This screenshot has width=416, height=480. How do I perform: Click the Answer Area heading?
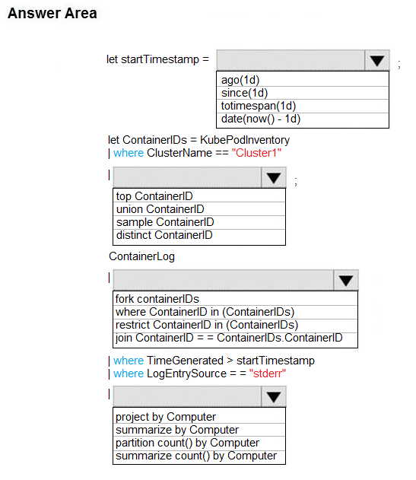coord(52,13)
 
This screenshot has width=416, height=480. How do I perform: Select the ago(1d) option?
coord(240,80)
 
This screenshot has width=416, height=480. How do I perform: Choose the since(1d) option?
coord(244,93)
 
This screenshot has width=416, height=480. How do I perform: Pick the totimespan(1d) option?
coord(259,106)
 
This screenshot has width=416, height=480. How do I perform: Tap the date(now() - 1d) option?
coord(261,119)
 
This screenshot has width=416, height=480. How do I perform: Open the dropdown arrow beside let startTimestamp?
coord(376,60)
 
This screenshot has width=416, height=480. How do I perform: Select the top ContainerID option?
coord(154,196)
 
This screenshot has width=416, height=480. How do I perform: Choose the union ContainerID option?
coord(160,209)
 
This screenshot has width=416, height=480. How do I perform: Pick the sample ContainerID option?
coord(165,222)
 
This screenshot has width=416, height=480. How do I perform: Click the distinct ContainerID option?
coord(164,235)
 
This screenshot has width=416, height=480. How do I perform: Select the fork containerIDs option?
coord(157,299)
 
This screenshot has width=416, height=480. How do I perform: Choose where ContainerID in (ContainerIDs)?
coord(205,312)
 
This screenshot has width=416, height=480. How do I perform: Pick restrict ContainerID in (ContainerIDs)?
coord(207,325)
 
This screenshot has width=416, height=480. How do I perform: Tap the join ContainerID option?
coord(229,338)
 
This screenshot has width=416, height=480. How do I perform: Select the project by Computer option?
coord(166,417)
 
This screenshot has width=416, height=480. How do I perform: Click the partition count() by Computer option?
coord(187,443)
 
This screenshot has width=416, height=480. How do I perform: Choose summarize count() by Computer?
coord(196,456)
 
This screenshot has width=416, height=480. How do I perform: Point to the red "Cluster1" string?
coord(256,153)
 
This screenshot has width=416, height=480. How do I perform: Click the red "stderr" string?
coord(267,374)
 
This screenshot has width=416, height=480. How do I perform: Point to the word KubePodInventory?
coord(245,140)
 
